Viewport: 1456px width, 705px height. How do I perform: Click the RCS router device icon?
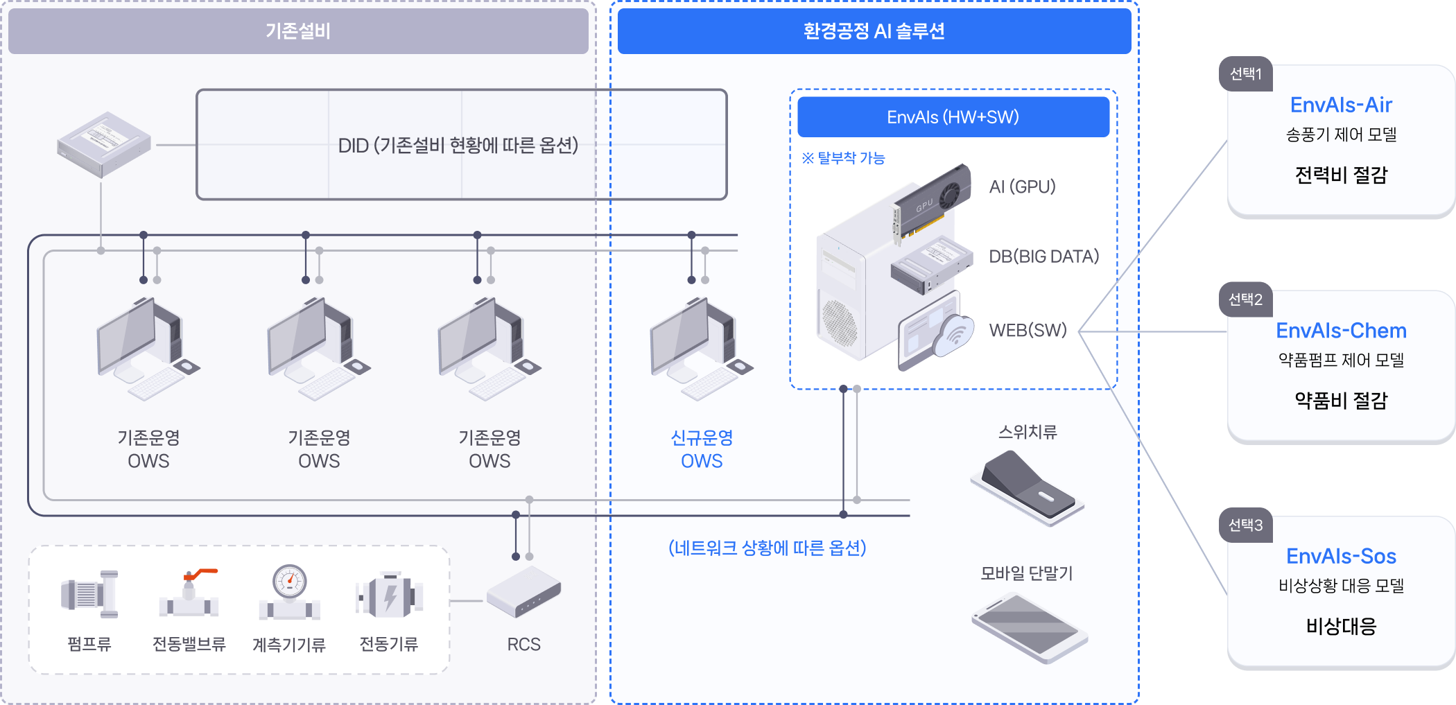(x=523, y=591)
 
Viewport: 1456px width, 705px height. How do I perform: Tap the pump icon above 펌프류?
(x=89, y=594)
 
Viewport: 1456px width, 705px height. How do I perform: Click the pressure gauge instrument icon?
(x=289, y=593)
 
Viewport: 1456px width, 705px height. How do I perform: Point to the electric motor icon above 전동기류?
(x=389, y=595)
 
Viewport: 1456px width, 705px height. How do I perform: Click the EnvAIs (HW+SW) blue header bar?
(x=953, y=117)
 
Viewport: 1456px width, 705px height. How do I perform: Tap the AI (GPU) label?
(x=1022, y=186)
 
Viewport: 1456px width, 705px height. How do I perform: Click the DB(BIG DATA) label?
(x=1043, y=256)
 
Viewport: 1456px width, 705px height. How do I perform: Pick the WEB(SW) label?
(x=1028, y=330)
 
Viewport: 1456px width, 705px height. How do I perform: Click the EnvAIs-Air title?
(x=1341, y=105)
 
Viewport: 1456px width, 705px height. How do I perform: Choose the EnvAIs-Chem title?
(x=1341, y=331)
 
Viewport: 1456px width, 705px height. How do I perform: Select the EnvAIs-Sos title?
(x=1341, y=556)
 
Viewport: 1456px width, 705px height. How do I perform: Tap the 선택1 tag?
(x=1245, y=74)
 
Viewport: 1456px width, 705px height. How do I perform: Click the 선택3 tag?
(x=1245, y=525)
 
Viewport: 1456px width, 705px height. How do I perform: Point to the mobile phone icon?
(x=1029, y=627)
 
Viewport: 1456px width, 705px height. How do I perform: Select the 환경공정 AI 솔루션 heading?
(x=874, y=31)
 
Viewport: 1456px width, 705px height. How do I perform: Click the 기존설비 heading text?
(x=298, y=31)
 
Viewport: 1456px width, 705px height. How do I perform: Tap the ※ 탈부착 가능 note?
(x=843, y=158)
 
